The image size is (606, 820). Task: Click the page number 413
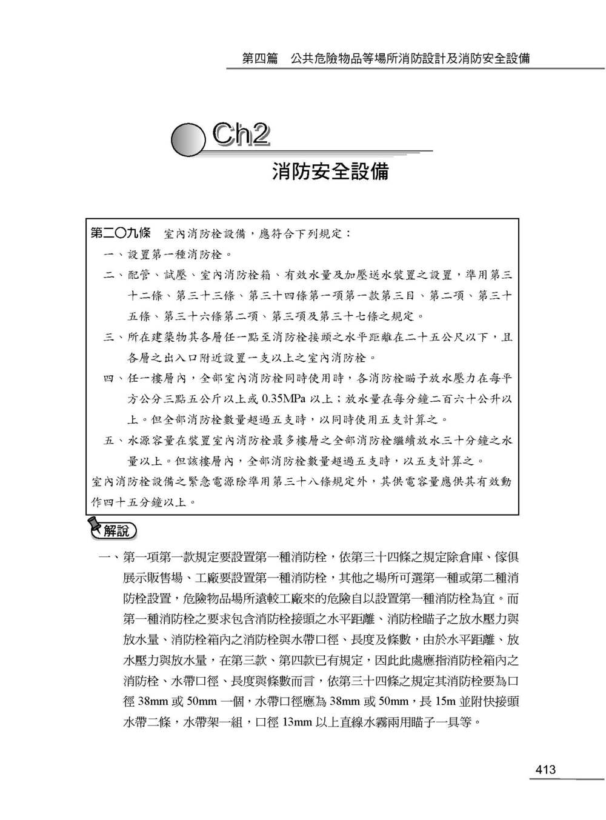point(545,770)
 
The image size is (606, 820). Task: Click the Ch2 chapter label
point(241,136)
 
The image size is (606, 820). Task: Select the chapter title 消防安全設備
point(330,172)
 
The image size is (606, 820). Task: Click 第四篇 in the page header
point(259,59)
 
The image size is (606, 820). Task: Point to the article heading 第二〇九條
point(120,233)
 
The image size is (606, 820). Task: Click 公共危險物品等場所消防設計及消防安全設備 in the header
point(410,59)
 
